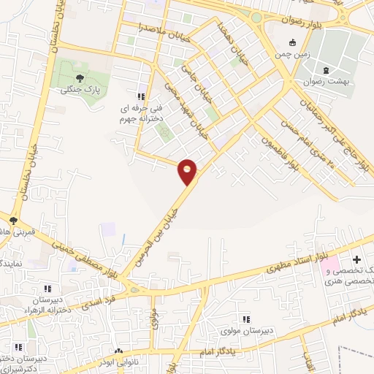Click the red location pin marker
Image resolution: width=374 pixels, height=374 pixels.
188,171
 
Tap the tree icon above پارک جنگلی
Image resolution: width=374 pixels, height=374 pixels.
80,77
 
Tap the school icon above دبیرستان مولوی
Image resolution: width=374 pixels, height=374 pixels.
247,318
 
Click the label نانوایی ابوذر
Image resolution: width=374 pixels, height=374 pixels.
116,361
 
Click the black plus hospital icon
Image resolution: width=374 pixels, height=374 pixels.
356,259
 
